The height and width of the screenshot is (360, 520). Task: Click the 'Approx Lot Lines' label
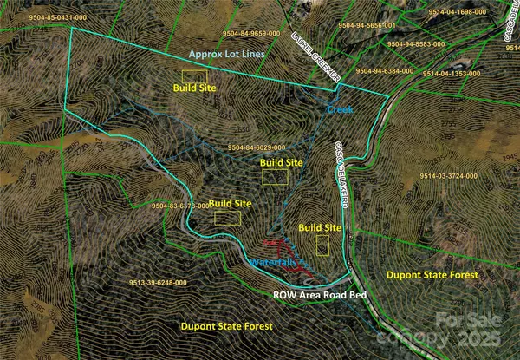click(226, 54)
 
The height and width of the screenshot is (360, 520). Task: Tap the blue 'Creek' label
click(339, 109)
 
